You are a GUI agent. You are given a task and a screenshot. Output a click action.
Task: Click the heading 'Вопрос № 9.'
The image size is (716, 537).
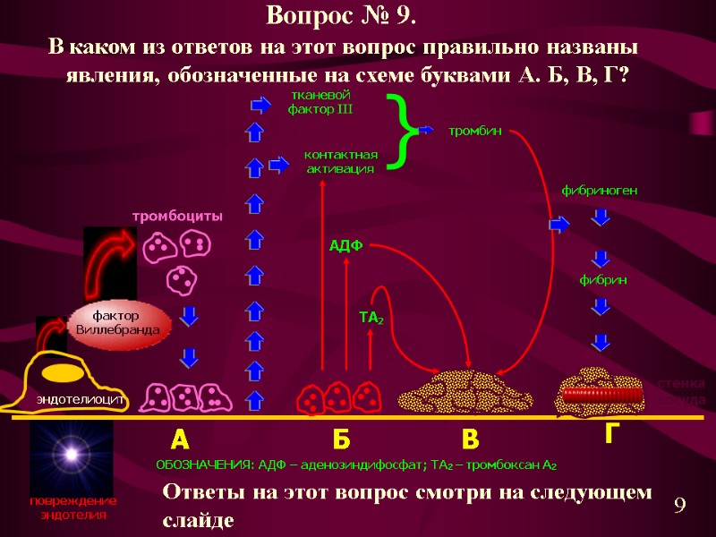pos(341,16)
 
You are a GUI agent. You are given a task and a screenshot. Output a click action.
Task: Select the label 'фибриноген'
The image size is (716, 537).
pos(599,191)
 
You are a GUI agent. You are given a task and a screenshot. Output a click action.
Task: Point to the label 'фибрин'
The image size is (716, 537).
pos(602,280)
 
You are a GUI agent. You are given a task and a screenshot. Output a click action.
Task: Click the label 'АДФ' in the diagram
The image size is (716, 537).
pos(345,246)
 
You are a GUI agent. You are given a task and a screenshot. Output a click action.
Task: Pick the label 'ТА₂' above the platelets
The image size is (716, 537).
pos(371,317)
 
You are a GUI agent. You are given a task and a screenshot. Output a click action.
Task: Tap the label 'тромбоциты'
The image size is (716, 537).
pos(177,217)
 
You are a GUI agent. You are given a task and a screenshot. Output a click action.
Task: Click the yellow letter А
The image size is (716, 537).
pos(180,440)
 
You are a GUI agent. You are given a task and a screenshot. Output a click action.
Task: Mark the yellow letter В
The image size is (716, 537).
pos(471,440)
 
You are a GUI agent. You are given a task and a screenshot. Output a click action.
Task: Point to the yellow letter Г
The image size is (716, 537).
pos(612,435)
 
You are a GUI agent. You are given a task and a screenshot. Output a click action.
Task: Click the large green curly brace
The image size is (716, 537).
pos(405,132)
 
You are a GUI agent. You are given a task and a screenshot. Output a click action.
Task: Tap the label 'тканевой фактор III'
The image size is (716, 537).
pos(320,102)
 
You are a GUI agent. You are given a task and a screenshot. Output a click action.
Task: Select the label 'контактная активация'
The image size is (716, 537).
pos(341,162)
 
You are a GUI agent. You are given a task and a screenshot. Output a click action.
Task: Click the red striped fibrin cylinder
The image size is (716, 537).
pos(601,393)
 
